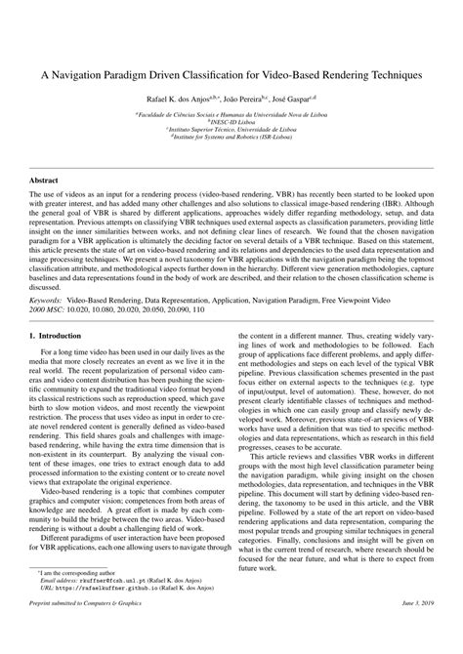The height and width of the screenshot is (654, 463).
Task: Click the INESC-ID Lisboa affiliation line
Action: point(231,122)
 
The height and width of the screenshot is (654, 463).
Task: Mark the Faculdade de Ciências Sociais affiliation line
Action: point(231,114)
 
